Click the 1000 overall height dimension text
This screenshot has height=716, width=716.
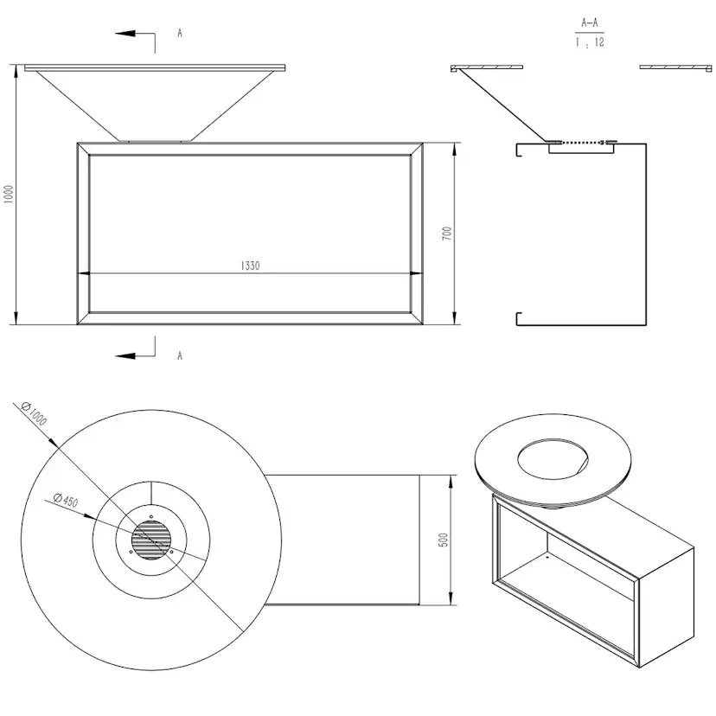point(10,194)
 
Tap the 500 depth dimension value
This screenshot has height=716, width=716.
point(443,539)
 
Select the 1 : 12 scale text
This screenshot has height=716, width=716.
point(589,42)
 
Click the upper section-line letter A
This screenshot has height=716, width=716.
point(179,33)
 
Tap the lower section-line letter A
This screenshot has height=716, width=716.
point(179,355)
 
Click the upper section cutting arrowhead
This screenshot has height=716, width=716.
point(122,34)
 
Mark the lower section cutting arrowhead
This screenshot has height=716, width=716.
point(122,355)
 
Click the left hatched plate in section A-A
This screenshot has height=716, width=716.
point(488,67)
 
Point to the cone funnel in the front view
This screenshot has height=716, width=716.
point(156,104)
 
